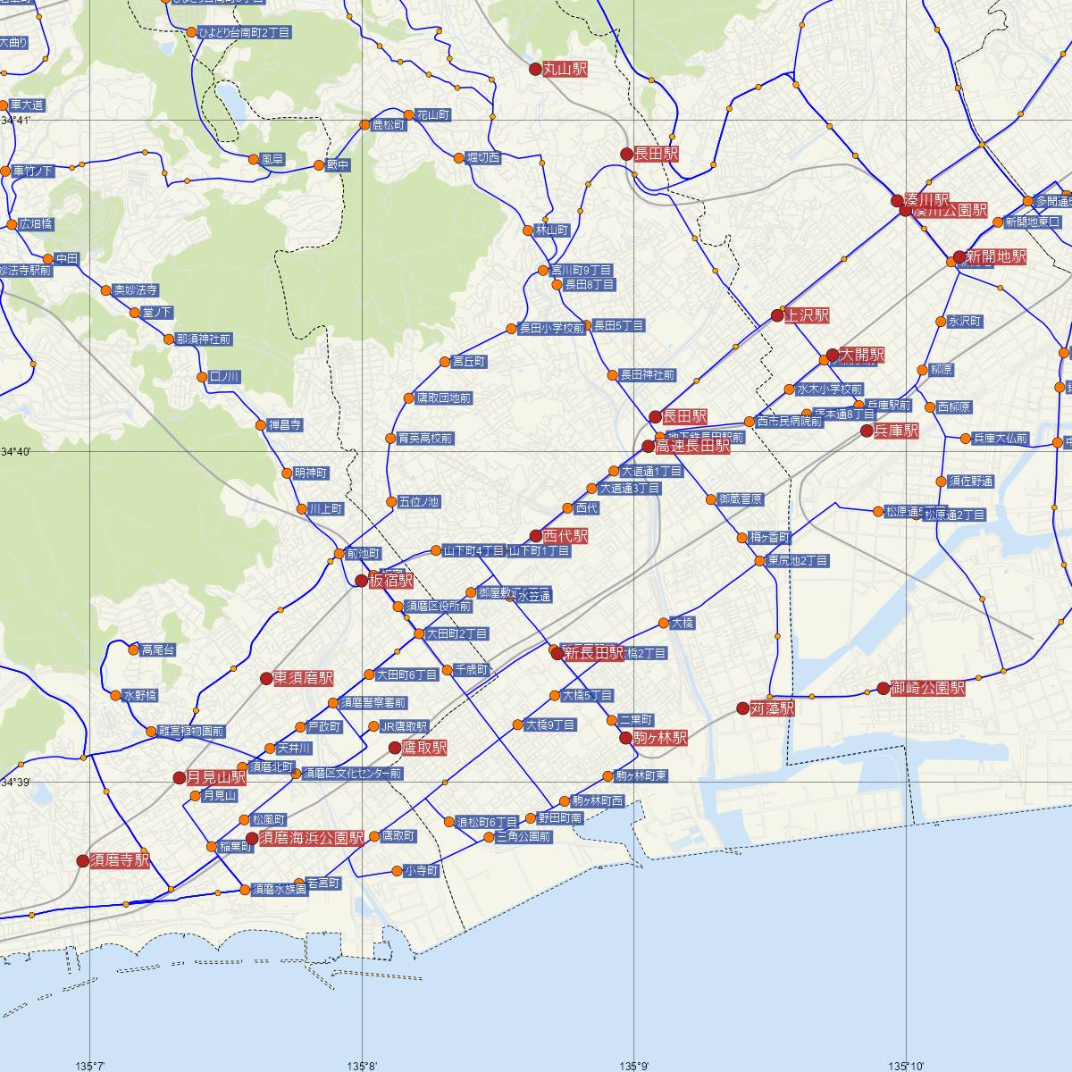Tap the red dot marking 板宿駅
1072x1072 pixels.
pyautogui.click(x=361, y=581)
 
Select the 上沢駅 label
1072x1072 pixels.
pyautogui.click(x=807, y=315)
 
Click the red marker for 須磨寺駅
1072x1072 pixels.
pyautogui.click(x=83, y=861)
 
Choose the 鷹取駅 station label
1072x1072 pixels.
pyautogui.click(x=424, y=748)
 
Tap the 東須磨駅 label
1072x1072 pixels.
pyautogui.click(x=303, y=679)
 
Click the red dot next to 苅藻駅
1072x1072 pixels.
pyautogui.click(x=742, y=708)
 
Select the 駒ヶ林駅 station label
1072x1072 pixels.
pyautogui.click(x=660, y=739)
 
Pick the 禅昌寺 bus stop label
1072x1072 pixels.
pyautogui.click(x=285, y=424)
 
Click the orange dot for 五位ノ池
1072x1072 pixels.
pyautogui.click(x=390, y=501)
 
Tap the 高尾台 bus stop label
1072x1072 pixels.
pyautogui.click(x=157, y=650)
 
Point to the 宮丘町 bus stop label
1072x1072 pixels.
pyautogui.click(x=468, y=362)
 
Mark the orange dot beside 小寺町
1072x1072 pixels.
pyautogui.click(x=397, y=871)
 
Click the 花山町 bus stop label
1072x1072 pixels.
pyautogui.click(x=432, y=115)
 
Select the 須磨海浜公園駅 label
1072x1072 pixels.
pyautogui.click(x=311, y=838)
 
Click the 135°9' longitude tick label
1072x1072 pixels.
pyautogui.click(x=634, y=1065)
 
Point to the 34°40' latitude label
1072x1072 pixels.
pyautogui.click(x=16, y=452)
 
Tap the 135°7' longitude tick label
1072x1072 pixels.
pyautogui.click(x=90, y=1065)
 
